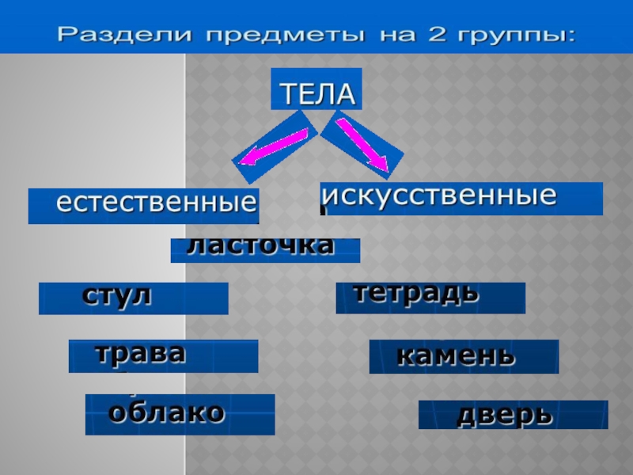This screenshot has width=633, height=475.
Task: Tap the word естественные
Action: (x=157, y=203)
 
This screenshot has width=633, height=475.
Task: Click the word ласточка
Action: (x=260, y=245)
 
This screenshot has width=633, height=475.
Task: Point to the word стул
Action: (x=116, y=296)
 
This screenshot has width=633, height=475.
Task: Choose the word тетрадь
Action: (x=416, y=293)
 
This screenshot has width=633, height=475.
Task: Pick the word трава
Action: (x=140, y=352)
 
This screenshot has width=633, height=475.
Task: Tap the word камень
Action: (x=456, y=355)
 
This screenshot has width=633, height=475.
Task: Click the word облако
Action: (x=167, y=412)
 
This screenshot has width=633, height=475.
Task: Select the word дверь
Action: (x=504, y=414)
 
